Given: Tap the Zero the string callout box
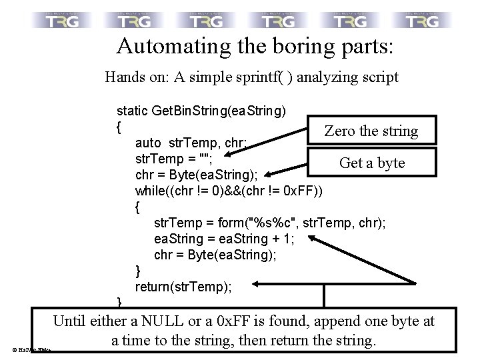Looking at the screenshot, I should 371,131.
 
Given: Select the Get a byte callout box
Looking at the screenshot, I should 371,163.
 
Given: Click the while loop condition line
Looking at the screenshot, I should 229,191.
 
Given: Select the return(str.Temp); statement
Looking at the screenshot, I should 183,287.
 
